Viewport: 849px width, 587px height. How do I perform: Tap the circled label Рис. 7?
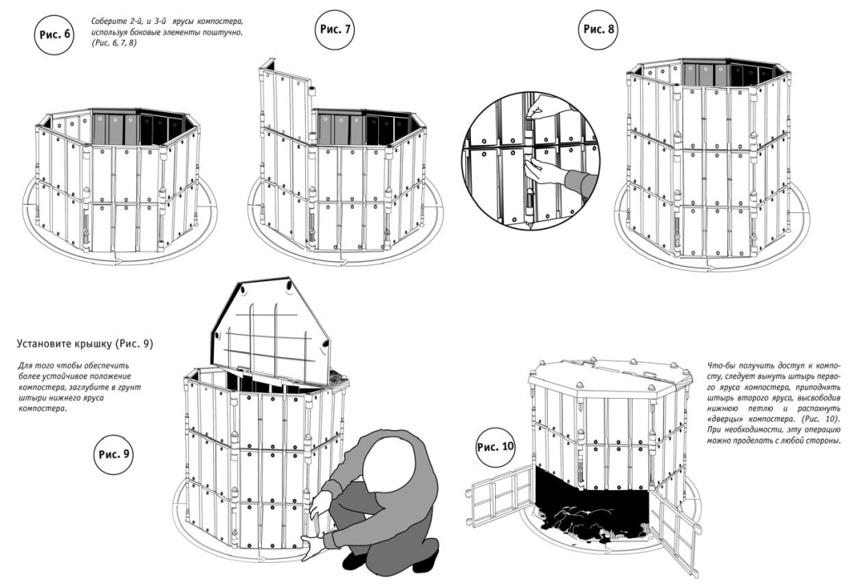[336, 30]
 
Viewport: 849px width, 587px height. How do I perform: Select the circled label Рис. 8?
[599, 29]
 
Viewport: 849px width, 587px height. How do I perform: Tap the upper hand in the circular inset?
[541, 105]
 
